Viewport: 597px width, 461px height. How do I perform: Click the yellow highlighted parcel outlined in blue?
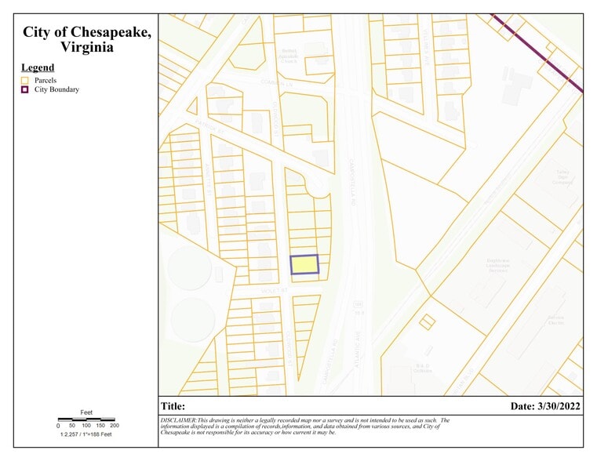[x=304, y=265]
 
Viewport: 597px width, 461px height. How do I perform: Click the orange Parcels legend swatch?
[x=25, y=80]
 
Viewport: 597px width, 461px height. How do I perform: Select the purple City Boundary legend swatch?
[x=25, y=89]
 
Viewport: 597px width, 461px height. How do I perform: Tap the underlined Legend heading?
[x=38, y=67]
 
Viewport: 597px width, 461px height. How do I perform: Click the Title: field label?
[x=173, y=406]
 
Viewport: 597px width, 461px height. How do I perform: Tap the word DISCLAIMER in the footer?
[x=179, y=420]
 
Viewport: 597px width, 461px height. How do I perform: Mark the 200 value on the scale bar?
[x=115, y=426]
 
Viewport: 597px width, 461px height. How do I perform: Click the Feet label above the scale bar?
[x=86, y=412]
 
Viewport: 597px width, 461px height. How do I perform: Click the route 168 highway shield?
[x=357, y=303]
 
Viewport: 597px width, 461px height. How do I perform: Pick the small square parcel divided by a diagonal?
[x=428, y=321]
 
